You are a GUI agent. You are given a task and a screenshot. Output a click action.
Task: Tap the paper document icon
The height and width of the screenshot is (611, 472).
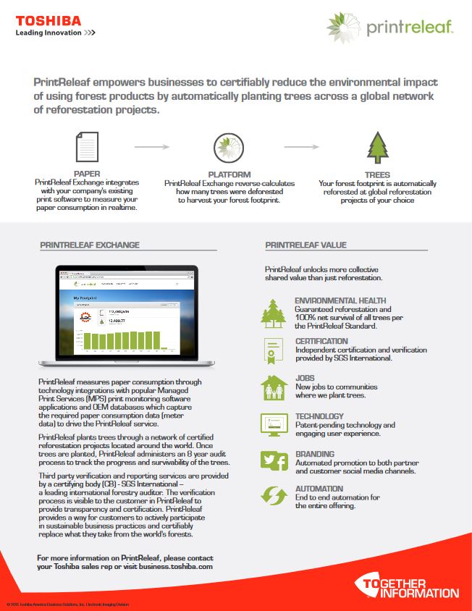click(87, 147)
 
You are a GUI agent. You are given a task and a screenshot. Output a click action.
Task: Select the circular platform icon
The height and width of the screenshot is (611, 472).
click(229, 148)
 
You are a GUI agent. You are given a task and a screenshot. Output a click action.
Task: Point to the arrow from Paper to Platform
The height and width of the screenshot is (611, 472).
click(152, 147)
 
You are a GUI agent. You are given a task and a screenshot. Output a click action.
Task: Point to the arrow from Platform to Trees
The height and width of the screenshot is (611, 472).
click(301, 147)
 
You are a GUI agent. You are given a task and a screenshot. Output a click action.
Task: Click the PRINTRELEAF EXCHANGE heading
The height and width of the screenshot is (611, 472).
click(90, 245)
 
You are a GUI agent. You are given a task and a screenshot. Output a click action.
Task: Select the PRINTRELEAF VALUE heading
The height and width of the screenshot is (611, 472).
click(305, 245)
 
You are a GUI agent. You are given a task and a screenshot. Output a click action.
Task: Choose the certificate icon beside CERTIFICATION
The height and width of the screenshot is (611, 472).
click(274, 350)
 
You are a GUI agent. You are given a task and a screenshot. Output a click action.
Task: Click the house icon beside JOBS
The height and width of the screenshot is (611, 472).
click(274, 387)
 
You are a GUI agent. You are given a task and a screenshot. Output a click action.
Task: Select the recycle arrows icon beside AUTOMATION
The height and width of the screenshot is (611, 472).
click(274, 497)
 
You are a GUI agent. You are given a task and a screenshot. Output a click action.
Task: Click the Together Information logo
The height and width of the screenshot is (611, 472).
click(406, 586)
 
